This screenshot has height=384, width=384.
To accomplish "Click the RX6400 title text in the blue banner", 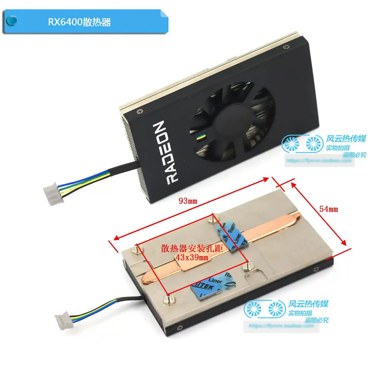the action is point(79,22).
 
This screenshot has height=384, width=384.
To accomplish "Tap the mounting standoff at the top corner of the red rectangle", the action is point(212,218).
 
